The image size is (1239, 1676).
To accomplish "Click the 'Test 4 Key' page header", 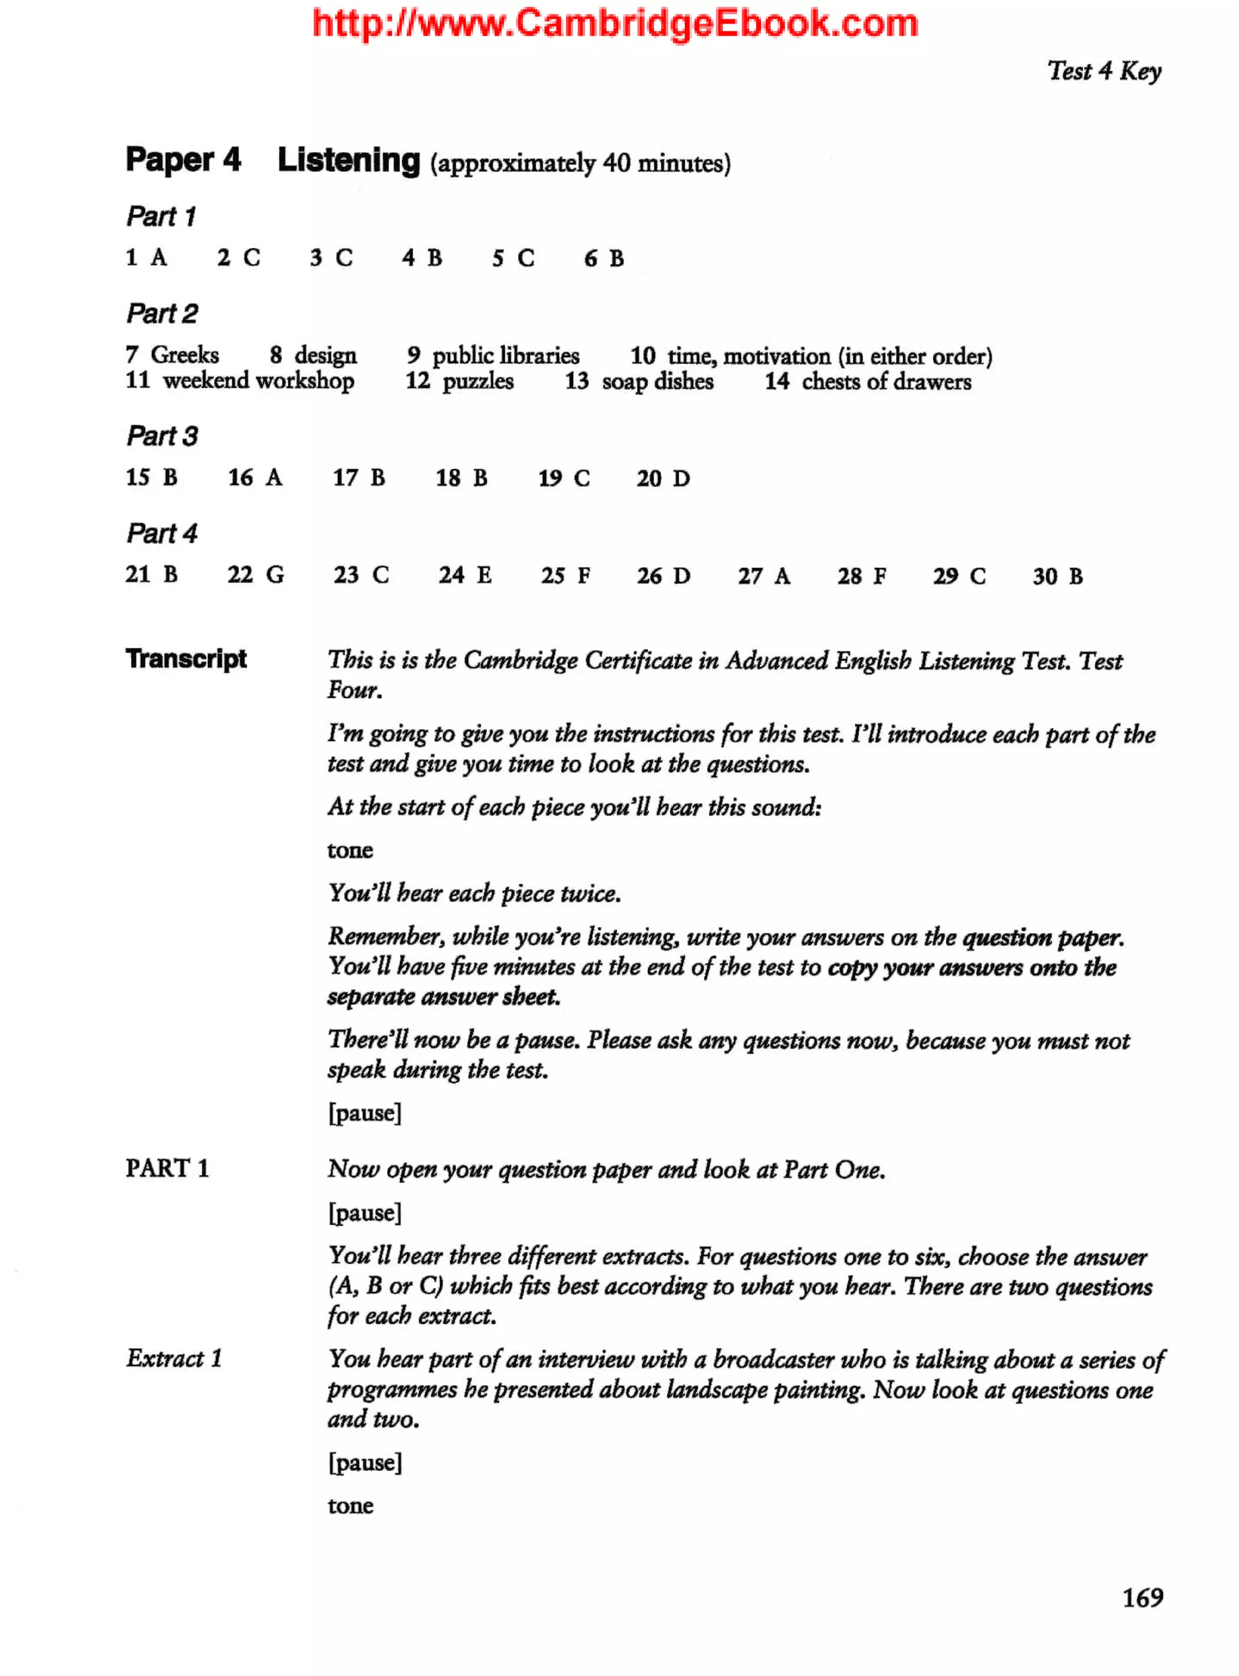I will click(1103, 71).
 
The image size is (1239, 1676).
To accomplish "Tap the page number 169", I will click(1142, 1597).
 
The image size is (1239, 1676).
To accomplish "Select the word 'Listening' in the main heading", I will click(348, 160).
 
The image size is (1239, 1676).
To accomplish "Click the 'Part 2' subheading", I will click(162, 313).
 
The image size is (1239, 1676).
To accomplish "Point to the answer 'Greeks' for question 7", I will click(185, 354).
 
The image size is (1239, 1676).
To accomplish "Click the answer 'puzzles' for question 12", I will click(478, 382).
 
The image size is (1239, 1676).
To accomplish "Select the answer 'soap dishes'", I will click(658, 382).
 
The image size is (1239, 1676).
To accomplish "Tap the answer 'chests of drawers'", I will click(886, 382).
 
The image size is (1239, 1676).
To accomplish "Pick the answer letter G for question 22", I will click(275, 575).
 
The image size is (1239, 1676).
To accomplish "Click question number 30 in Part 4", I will click(1045, 576).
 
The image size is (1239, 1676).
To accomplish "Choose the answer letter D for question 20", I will click(681, 478).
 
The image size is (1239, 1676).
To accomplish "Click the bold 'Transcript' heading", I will click(186, 659).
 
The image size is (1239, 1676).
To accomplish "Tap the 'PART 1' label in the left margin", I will click(167, 1167).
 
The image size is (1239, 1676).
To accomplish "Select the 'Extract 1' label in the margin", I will click(174, 1358).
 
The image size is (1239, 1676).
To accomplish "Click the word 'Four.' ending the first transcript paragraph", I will click(355, 690).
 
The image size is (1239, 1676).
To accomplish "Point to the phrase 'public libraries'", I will click(506, 356).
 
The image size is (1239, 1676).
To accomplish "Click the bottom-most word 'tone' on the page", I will click(350, 1505).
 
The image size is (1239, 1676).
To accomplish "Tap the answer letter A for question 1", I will click(159, 258).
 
